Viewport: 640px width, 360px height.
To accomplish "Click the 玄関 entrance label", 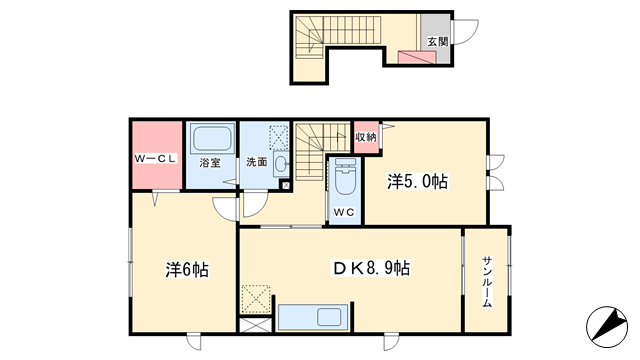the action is coord(438,42).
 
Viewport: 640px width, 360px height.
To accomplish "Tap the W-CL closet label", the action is coord(155,159).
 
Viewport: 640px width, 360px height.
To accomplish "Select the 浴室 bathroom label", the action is coord(210,163).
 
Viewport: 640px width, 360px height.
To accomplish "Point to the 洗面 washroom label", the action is coord(256,162).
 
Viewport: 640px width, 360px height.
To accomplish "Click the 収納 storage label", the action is coord(366,137).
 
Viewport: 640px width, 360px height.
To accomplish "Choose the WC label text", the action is coord(344,212).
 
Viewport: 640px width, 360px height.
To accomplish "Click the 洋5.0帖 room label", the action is coord(417,181).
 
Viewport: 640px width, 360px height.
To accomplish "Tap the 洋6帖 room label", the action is coord(187,270).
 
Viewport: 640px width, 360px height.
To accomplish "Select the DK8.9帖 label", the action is coord(372,268).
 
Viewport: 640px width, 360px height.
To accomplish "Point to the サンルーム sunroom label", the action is coord(487,282).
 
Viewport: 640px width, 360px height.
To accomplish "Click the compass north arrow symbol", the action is coord(607,327).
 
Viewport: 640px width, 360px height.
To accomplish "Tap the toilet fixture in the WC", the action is coord(345,178).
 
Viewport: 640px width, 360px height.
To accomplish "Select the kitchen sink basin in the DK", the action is coord(329,317).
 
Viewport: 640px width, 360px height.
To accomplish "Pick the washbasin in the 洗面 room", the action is coord(281,164).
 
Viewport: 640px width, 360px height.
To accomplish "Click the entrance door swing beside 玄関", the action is coord(466,32).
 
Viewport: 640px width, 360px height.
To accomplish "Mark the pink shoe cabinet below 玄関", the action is coord(417,57).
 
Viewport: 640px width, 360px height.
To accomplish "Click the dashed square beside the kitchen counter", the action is coord(256,299).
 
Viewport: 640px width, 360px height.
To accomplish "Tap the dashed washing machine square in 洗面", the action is coord(279,138).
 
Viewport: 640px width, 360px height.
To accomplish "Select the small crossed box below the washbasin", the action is coord(286,186).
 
